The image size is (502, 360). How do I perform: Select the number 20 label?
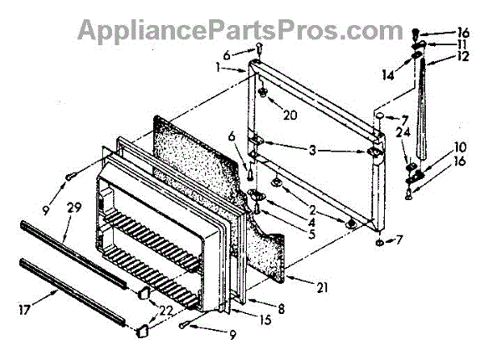[289, 115]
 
